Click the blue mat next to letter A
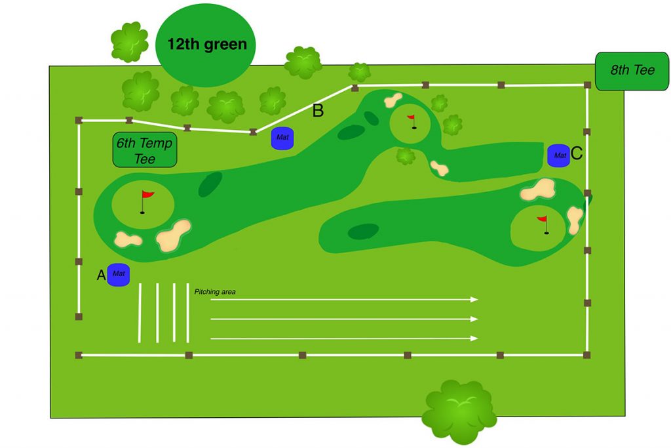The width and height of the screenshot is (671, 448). pos(119,274)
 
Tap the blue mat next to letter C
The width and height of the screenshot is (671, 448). pos(558,155)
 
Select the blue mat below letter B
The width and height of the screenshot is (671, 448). pos(282,138)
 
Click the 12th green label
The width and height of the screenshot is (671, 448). pos(206,45)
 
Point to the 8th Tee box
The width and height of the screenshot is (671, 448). pos(632,70)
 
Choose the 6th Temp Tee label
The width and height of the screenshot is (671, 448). pos(145,150)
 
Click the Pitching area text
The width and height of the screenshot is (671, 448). pos(215,291)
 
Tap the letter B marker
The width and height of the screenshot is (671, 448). pos(318,111)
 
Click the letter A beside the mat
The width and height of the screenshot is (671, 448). pos(102,275)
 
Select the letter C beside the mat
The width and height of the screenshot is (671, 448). pos(577,153)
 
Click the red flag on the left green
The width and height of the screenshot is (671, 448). pos(147,195)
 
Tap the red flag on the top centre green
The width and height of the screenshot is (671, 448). pos(412,119)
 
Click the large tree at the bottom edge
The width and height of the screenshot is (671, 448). pos(458,410)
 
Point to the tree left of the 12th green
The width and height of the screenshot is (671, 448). pos(129,41)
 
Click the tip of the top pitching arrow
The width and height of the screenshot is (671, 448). pos(477,299)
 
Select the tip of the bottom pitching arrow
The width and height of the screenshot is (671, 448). pos(477,338)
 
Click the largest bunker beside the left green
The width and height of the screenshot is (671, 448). pos(173,235)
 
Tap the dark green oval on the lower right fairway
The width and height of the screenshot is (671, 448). pos(363,231)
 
